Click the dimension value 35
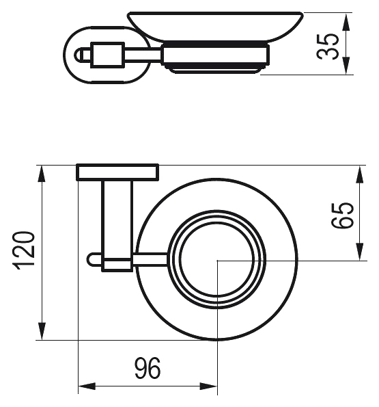tap(328, 47)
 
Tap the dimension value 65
tap(343, 215)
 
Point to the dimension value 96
tap(148, 368)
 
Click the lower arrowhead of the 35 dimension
tap(346, 66)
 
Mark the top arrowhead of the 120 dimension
tap(42, 174)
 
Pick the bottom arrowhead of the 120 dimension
tap(42, 330)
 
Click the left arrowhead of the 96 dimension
tap(87, 386)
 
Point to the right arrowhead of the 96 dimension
tap(208, 386)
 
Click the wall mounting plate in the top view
tap(117, 172)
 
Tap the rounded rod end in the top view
tap(91, 260)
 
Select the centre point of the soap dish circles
tap(217, 260)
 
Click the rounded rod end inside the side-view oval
tap(79, 55)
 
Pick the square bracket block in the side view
tap(107, 55)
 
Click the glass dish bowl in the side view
tap(216, 27)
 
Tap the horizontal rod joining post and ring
tap(150, 260)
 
